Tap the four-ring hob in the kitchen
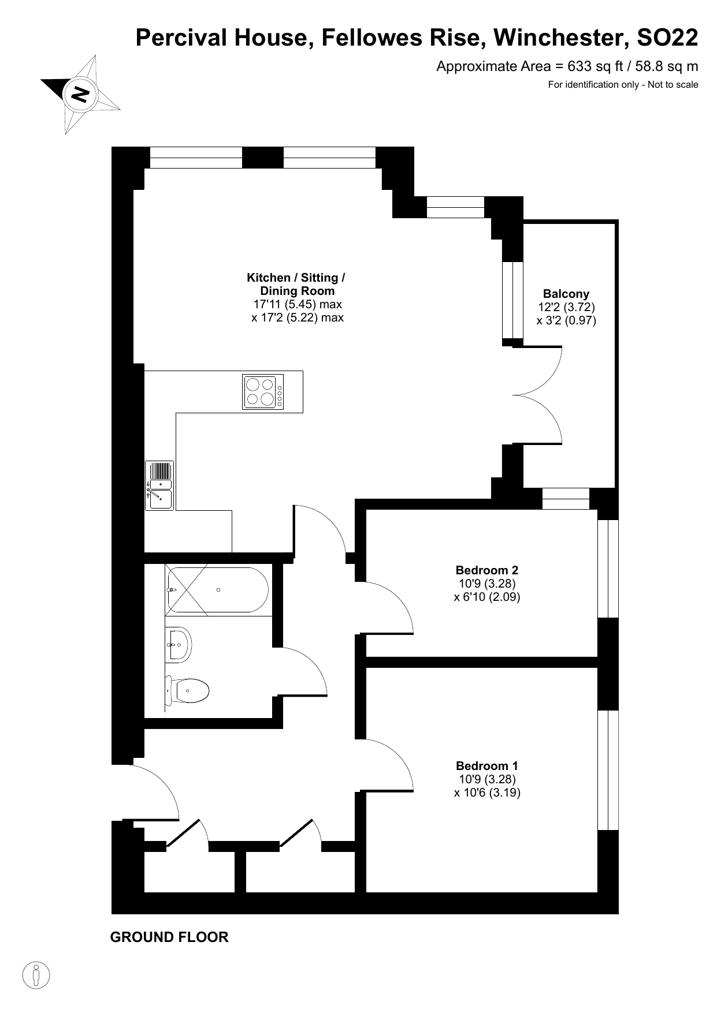(263, 393)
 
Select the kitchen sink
(159, 485)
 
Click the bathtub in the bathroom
(217, 590)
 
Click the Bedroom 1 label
(487, 766)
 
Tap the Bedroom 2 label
(487, 570)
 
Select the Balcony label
(566, 294)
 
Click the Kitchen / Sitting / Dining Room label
(296, 284)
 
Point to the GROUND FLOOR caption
(169, 937)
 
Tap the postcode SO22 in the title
(667, 38)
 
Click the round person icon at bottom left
(36, 975)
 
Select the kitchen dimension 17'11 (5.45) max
(298, 304)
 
